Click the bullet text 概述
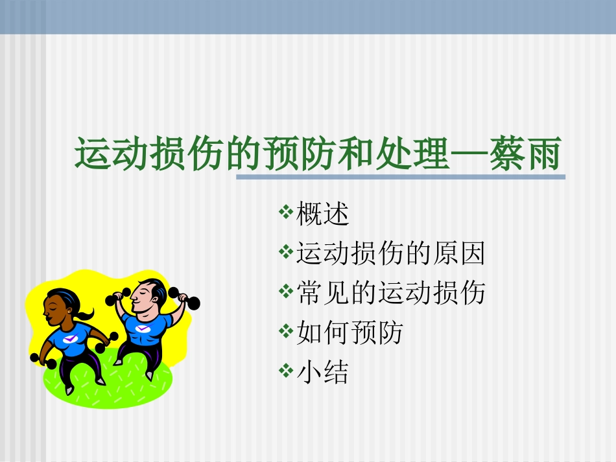(323, 215)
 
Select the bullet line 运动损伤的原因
(390, 254)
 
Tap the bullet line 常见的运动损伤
(390, 294)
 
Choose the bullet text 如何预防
(349, 333)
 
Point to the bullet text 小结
(323, 373)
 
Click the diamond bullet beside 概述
(286, 213)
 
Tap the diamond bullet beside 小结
(286, 371)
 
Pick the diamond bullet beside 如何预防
(286, 331)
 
